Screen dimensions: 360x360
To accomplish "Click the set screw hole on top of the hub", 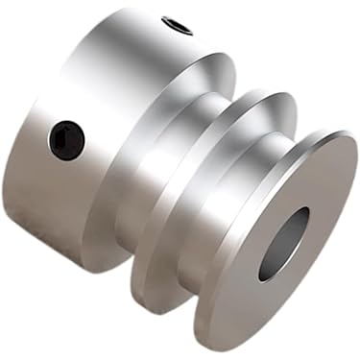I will click(177, 26).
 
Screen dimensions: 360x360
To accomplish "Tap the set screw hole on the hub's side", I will click(66, 140).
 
